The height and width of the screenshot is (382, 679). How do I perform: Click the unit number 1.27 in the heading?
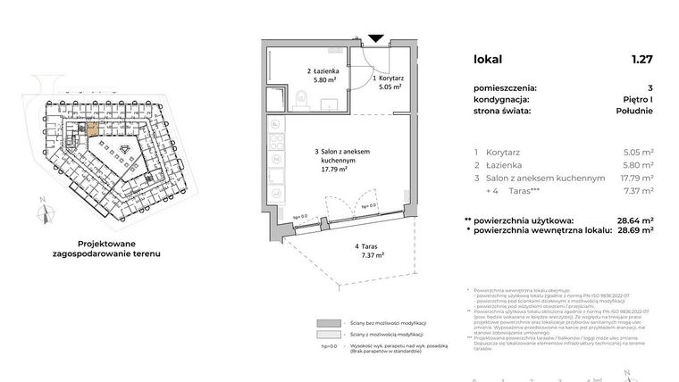(641, 60)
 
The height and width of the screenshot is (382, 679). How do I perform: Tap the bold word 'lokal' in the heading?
(488, 60)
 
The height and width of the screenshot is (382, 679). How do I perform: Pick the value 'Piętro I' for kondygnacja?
(638, 100)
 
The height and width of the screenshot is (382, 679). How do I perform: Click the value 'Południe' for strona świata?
(633, 112)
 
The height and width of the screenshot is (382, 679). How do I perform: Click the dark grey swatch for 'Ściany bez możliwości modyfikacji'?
(330, 323)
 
